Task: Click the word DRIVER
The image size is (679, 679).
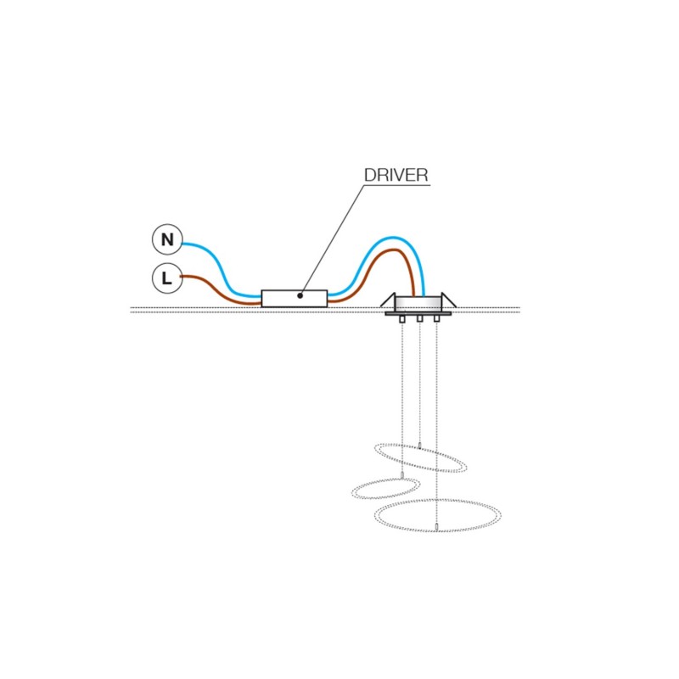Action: [x=396, y=175]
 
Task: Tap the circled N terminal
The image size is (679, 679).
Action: [x=167, y=239]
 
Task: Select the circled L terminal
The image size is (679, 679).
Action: [x=167, y=278]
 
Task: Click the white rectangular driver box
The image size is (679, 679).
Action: [x=294, y=299]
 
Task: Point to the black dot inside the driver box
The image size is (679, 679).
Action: [x=300, y=295]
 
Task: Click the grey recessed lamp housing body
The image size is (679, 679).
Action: [x=418, y=303]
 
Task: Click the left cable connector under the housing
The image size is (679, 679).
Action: [x=402, y=319]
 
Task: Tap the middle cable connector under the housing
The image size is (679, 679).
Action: [x=419, y=319]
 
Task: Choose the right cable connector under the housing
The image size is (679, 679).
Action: [x=436, y=319]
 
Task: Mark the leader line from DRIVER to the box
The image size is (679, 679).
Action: [x=331, y=240]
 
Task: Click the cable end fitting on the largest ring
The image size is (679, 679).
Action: [x=437, y=527]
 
